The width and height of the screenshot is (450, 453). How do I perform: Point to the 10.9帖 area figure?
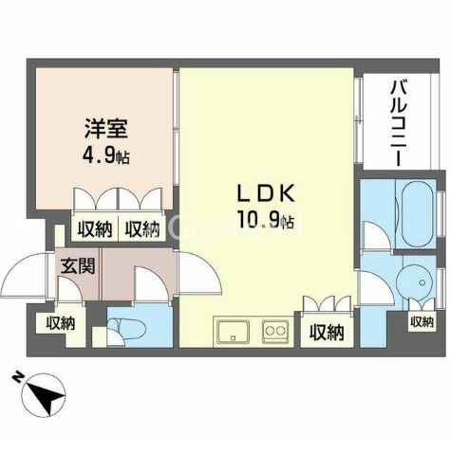pyautogui.click(x=269, y=224)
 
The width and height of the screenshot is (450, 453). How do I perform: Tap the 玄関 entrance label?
pyautogui.click(x=78, y=266)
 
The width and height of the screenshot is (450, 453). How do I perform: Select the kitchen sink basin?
pyautogui.click(x=232, y=332)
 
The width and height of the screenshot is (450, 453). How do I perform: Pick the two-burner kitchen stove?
pyautogui.click(x=274, y=332)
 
